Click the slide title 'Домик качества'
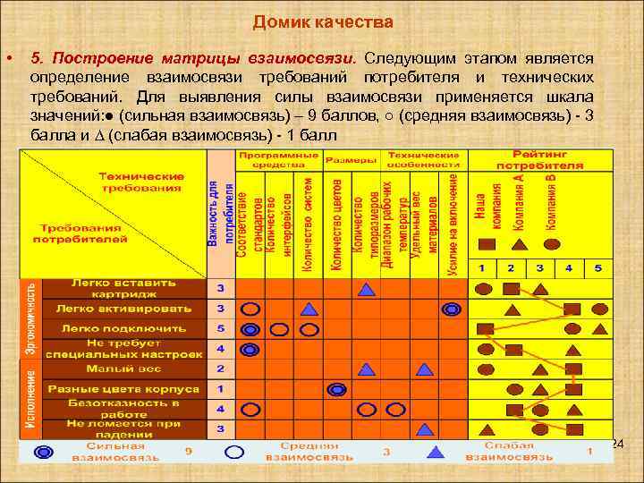click(x=322, y=21)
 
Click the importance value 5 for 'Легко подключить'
click(x=220, y=328)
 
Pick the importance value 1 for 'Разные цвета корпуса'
click(x=220, y=389)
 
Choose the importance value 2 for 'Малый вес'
click(x=220, y=368)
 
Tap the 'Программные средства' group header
click(x=277, y=160)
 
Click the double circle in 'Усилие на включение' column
click(x=452, y=309)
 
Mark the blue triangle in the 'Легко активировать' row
click(x=308, y=309)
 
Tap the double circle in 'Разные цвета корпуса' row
click(x=336, y=389)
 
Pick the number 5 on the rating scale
click(x=597, y=267)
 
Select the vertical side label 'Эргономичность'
click(x=31, y=318)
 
